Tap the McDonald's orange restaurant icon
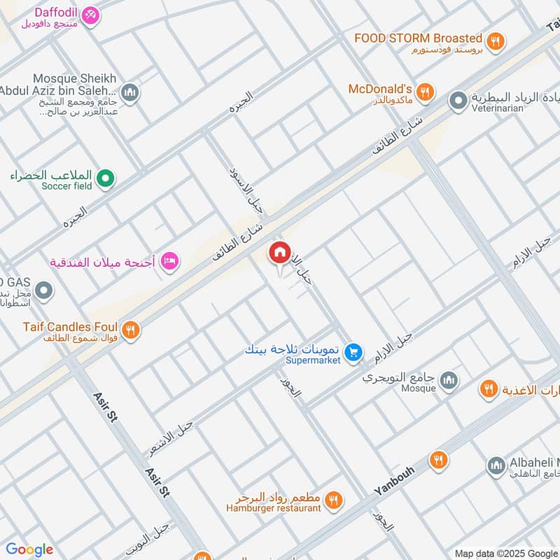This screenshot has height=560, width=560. pos(424,92)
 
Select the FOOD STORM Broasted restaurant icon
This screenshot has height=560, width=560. pos(496,41)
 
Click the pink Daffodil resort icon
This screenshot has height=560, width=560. pos(90,15)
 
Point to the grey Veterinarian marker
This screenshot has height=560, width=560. pos(458,101)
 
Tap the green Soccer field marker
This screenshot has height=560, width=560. pos(105,180)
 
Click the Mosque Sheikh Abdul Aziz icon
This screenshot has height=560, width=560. pos(129,92)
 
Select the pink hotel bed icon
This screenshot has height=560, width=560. pos(169,262)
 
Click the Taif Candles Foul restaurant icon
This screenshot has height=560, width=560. pos(129,329)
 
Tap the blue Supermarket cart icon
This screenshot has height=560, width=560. pos(354,351)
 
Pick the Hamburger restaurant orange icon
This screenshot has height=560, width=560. pos(334,500)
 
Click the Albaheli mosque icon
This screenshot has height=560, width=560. pos(496,465)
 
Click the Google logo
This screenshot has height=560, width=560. pos(29,549)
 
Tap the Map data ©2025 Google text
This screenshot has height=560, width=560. pos(505,553)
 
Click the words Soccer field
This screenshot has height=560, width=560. pos(66,186)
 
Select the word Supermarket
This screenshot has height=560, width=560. pos(313,360)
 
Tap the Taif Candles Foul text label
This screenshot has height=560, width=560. pos(70,327)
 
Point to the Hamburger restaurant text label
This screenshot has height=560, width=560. pos(274,508)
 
